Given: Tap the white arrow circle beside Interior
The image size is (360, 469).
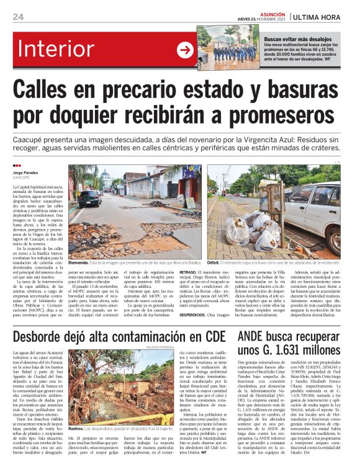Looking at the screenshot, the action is (x=185, y=50).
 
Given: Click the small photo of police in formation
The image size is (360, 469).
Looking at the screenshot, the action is (x=228, y=47).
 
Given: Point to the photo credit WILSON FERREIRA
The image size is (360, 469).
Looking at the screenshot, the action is (x=213, y=348).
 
